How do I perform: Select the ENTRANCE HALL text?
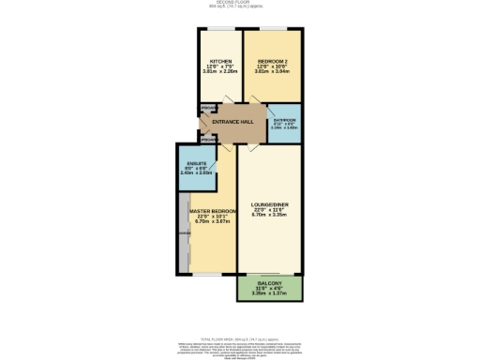pos(233,122)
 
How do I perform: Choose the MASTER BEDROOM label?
pos(212,211)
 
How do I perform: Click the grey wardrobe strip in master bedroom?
pos(181,234)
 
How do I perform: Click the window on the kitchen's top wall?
pos(220,29)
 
